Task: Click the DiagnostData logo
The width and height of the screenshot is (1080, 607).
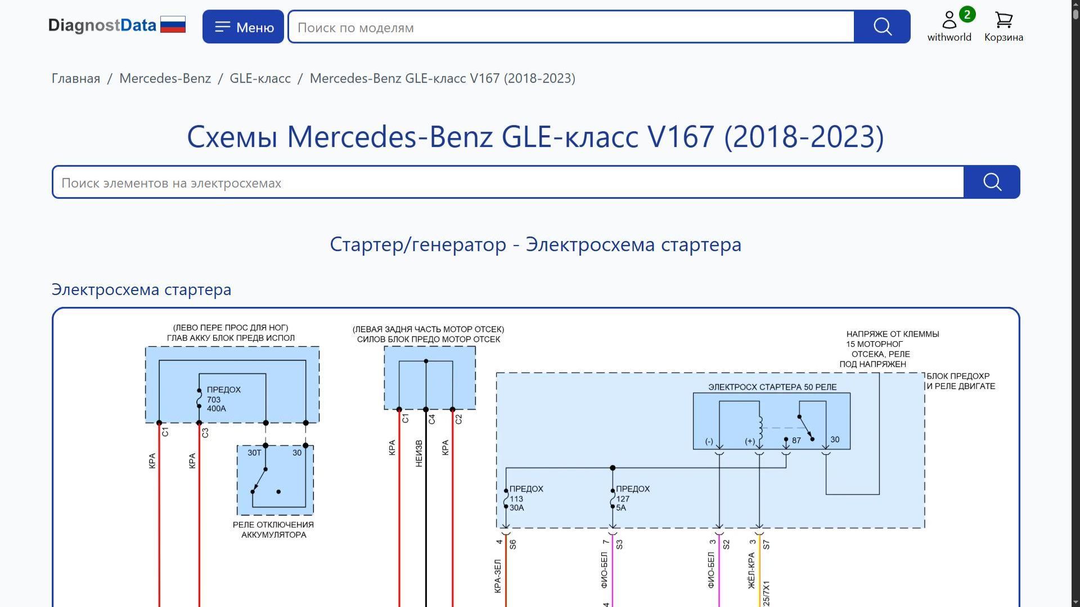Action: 102,25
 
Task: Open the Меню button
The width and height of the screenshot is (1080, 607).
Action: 243,27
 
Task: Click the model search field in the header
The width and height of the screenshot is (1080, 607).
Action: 571,27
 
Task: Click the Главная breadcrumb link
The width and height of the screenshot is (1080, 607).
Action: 76,78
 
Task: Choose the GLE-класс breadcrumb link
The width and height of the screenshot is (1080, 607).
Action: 260,78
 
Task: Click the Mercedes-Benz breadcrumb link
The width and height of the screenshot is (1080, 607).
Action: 165,78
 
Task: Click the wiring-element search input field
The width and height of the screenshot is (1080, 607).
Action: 508,182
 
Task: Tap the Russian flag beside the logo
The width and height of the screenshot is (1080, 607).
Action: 173,25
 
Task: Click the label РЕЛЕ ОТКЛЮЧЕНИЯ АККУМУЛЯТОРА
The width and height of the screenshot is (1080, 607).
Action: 273,529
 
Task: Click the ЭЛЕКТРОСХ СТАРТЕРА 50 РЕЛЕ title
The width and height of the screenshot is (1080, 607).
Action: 772,387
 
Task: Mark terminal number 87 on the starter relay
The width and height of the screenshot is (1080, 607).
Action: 796,440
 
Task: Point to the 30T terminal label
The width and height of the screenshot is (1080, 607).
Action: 254,453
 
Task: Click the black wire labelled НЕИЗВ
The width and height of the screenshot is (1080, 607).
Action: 426,507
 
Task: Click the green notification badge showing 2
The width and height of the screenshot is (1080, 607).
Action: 967,15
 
